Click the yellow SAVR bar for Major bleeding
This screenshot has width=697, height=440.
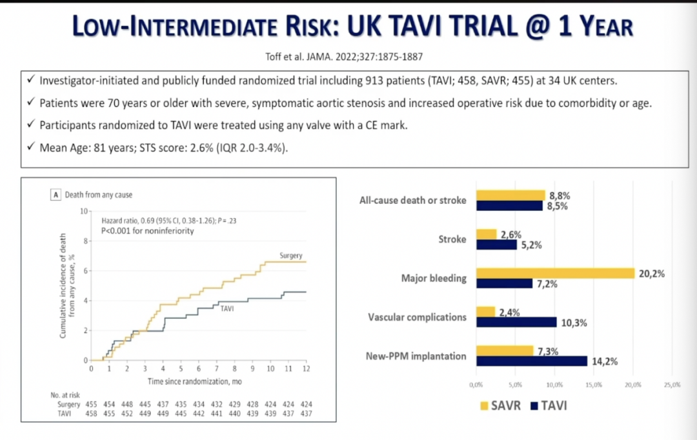(x=555, y=273)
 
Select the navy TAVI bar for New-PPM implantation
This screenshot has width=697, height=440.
(x=531, y=361)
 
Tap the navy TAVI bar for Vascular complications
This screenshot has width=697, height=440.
(x=516, y=322)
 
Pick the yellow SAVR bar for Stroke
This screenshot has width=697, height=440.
(x=486, y=234)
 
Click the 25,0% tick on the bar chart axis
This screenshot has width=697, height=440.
(x=672, y=385)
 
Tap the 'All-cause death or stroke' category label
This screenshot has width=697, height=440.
(x=412, y=200)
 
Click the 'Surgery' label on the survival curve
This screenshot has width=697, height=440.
(x=290, y=255)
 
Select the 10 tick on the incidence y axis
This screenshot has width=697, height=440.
(x=84, y=212)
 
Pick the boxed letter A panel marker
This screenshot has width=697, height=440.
(x=56, y=195)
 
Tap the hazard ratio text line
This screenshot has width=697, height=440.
(x=164, y=221)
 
